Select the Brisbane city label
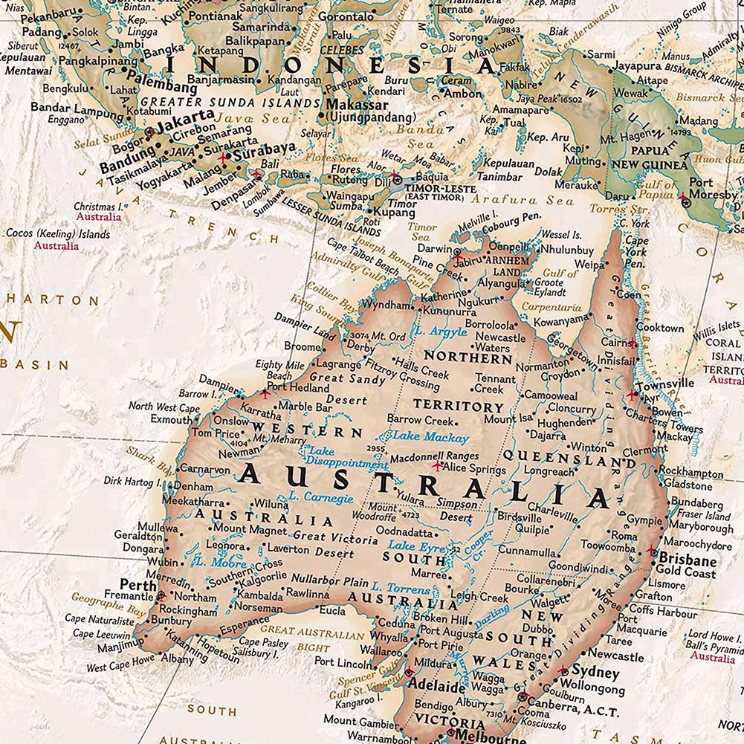[687, 560]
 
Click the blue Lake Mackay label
[431, 437]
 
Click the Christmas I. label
[98, 206]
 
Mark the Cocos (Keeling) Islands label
[58, 234]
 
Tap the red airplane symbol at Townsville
[633, 394]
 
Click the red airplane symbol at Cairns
[633, 343]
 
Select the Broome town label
[302, 347]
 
